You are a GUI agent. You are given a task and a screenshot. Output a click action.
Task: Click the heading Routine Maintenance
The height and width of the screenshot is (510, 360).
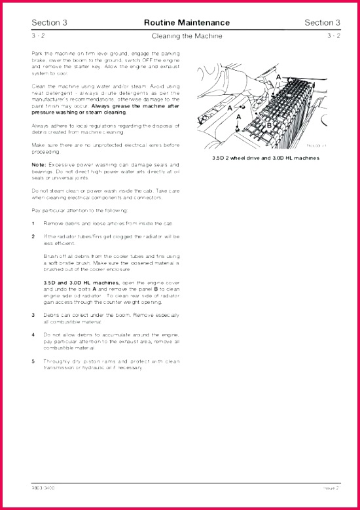click(187, 23)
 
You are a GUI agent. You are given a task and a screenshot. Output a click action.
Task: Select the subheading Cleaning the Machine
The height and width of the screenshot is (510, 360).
click(187, 35)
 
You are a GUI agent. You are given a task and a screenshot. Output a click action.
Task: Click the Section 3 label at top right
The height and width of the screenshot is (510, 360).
click(323, 23)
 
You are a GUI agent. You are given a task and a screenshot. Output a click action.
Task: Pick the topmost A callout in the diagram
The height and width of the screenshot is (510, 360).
click(278, 77)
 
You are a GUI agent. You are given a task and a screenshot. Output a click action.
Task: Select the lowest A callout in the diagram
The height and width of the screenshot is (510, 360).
click(238, 116)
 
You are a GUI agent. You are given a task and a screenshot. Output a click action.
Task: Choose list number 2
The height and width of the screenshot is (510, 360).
click(33, 236)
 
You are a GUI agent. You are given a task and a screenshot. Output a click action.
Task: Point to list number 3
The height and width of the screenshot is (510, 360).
click(33, 315)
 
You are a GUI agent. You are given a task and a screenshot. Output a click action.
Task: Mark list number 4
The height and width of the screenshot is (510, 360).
click(33, 335)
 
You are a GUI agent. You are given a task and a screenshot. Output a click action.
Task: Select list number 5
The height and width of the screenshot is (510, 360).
click(33, 361)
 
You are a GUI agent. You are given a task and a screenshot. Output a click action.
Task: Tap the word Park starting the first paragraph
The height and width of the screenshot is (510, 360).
click(37, 53)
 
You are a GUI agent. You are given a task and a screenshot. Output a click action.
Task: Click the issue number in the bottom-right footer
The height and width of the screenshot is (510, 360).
click(333, 488)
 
